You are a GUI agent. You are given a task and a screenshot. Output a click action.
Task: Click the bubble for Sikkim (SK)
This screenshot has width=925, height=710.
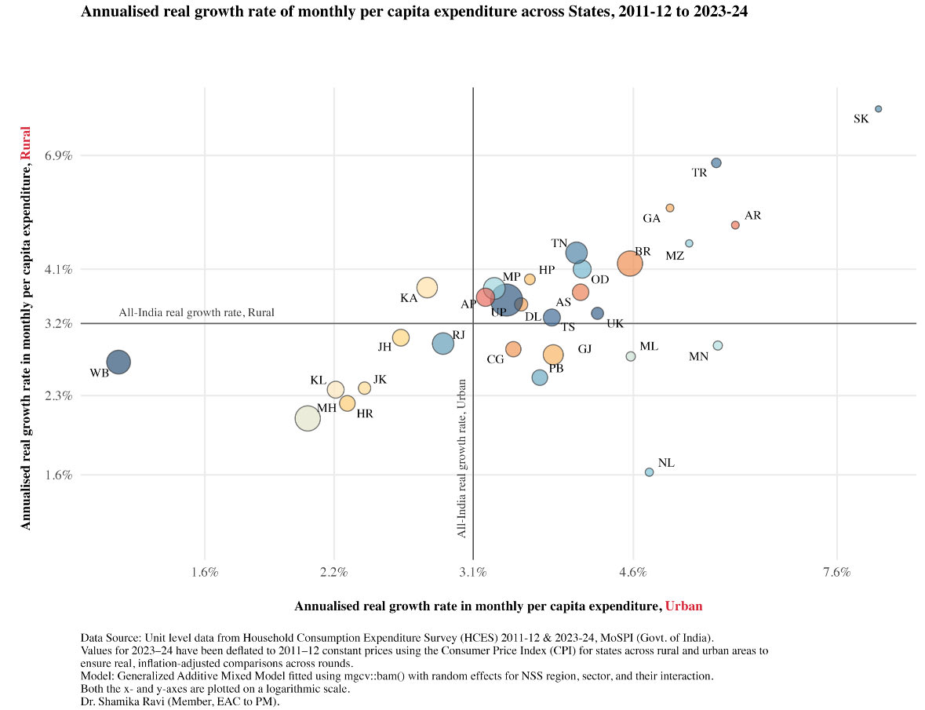click(878, 109)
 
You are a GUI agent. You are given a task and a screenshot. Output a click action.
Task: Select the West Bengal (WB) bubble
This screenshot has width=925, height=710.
click(118, 362)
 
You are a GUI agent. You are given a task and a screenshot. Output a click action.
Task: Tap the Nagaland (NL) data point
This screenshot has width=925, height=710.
click(649, 472)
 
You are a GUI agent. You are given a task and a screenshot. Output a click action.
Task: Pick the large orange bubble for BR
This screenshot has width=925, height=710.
click(629, 264)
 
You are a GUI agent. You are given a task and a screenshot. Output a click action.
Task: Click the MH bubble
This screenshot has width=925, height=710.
click(307, 419)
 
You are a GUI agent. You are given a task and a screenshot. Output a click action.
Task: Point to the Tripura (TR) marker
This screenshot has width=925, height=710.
click(716, 162)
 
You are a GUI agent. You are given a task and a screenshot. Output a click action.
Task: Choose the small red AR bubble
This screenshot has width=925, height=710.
click(735, 225)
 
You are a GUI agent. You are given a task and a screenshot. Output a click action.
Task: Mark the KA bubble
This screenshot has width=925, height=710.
click(427, 288)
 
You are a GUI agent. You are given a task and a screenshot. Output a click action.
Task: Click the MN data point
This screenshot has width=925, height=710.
click(717, 345)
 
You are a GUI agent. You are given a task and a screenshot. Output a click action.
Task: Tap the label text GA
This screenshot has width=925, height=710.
click(651, 219)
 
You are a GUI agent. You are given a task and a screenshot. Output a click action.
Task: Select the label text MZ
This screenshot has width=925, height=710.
click(675, 256)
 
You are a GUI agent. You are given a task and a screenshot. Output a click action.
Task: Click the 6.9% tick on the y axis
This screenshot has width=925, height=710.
click(59, 156)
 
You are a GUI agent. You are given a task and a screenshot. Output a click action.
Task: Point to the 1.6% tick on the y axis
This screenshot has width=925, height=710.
click(59, 475)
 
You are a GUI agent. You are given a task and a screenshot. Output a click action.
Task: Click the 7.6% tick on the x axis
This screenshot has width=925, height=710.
click(837, 572)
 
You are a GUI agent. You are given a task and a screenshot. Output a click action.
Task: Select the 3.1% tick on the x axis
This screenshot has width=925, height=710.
click(473, 572)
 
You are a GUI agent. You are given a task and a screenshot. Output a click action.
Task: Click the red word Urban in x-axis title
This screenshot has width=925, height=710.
click(683, 606)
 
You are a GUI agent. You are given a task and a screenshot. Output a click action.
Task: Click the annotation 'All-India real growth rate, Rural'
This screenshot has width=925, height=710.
click(196, 312)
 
